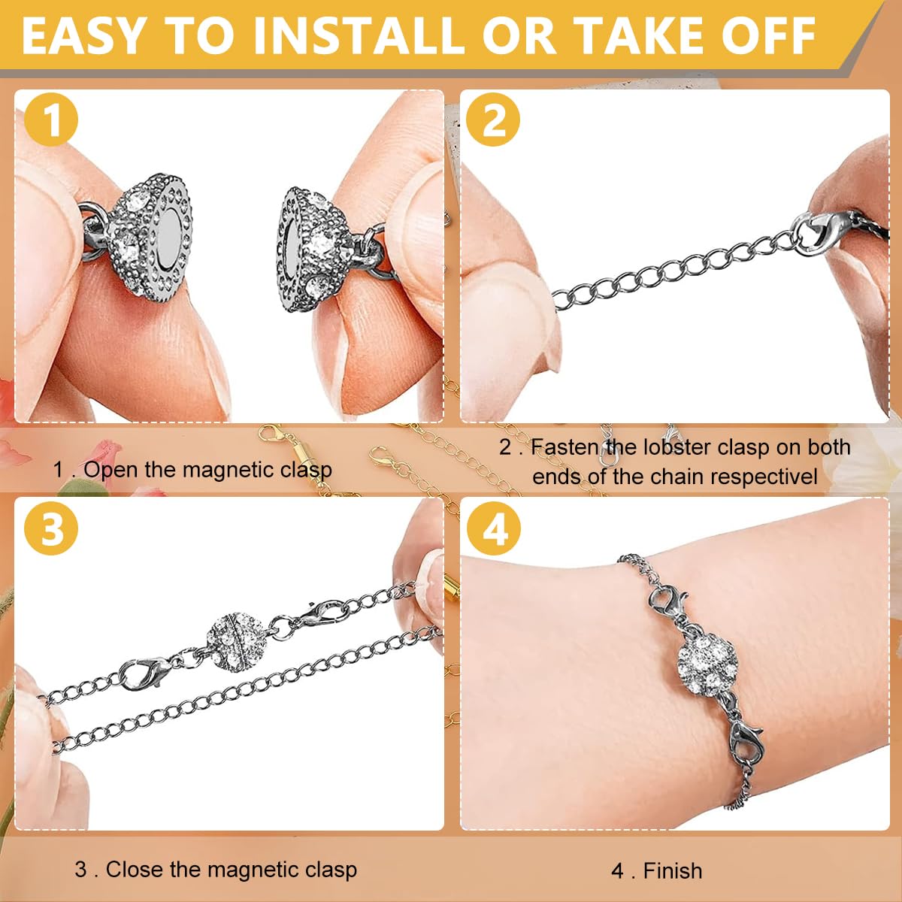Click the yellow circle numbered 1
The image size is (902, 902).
coord(51,120)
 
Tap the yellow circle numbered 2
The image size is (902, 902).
coord(493,120)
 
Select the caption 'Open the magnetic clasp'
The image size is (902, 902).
coord(207,470)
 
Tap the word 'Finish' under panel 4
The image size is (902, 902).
coord(673,870)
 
